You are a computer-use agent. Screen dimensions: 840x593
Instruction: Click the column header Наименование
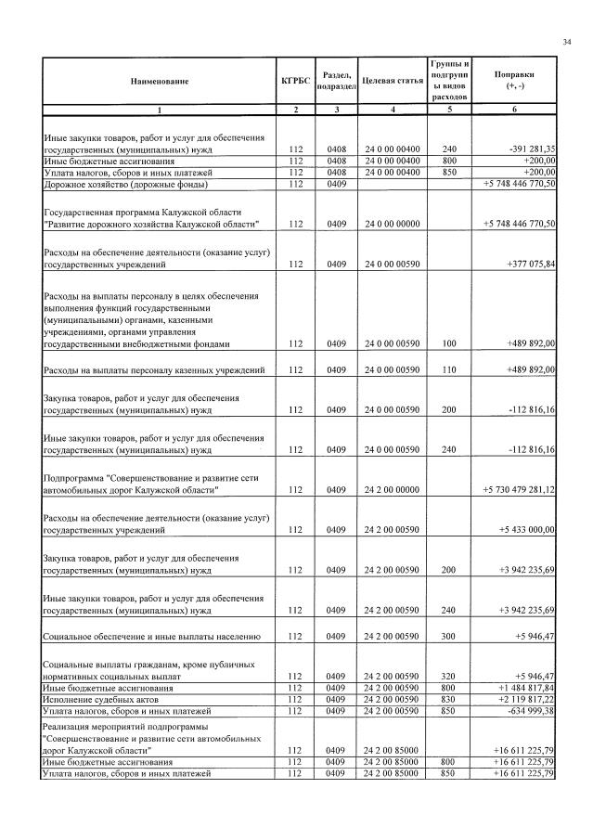click(159, 81)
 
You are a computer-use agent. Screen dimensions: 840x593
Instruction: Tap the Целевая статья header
click(393, 81)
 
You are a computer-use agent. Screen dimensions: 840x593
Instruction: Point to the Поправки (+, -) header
click(513, 80)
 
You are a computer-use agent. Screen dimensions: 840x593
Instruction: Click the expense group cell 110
click(449, 370)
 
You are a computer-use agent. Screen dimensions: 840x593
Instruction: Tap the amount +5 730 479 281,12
click(519, 489)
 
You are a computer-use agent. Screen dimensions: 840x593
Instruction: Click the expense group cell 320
click(449, 677)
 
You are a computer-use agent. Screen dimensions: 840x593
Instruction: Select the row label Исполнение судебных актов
click(96, 699)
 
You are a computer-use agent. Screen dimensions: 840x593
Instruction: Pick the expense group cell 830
click(449, 699)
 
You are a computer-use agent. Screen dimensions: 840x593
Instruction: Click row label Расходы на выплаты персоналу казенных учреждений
click(155, 370)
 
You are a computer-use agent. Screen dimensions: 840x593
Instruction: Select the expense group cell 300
click(449, 636)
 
